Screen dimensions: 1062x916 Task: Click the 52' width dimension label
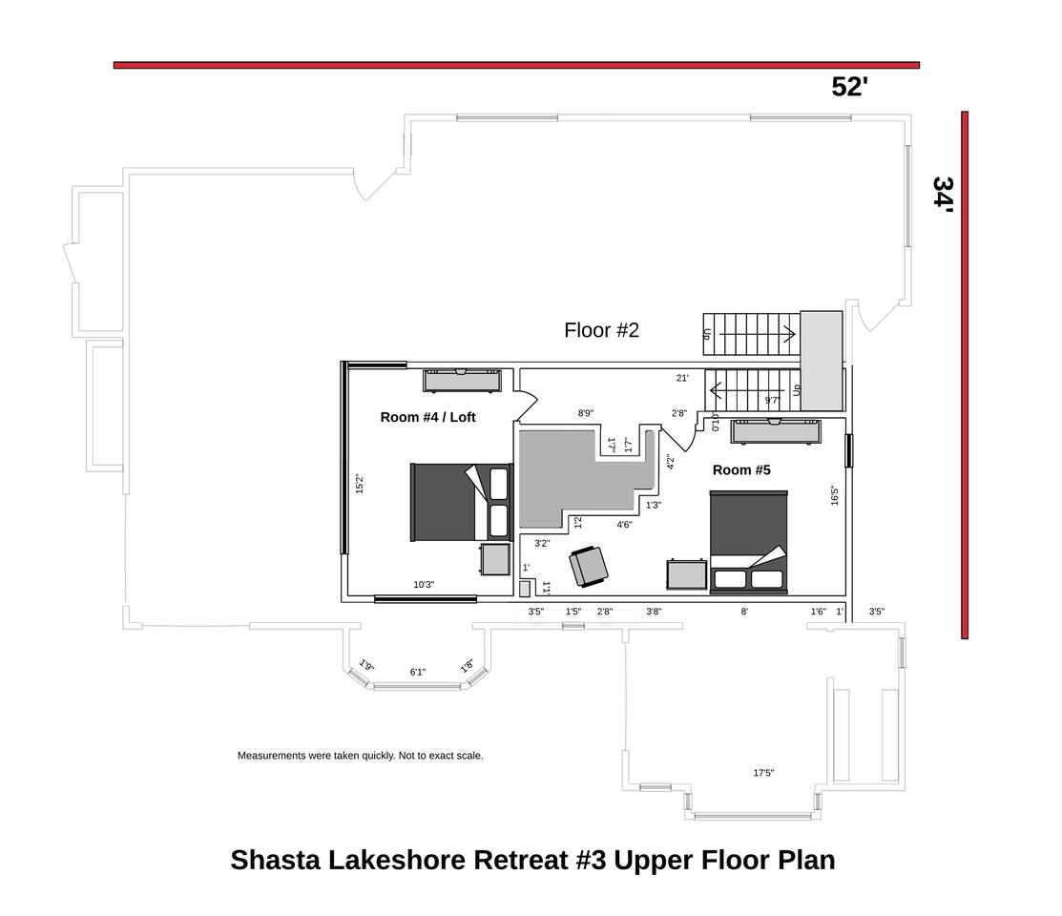click(x=849, y=87)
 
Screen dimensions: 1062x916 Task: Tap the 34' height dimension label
click(x=943, y=195)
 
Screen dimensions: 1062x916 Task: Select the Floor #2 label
click(x=601, y=330)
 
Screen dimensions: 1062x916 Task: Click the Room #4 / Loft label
click(x=427, y=417)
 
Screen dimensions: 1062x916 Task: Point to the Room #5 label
click(x=741, y=470)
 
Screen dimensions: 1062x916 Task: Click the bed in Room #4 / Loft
click(x=461, y=502)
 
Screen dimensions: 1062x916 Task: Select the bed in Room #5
click(x=748, y=542)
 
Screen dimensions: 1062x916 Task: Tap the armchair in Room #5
click(x=588, y=567)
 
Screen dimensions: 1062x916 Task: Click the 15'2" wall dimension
click(x=360, y=484)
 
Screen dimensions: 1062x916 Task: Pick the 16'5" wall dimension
click(x=834, y=495)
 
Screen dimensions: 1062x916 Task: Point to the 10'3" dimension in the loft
click(x=424, y=585)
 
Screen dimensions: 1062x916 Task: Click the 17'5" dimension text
click(x=763, y=772)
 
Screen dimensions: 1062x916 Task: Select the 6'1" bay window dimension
click(x=417, y=672)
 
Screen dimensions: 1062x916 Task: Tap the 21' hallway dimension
click(x=682, y=378)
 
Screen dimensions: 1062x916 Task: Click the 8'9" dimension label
click(x=586, y=412)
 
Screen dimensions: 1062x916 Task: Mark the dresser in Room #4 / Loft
click(x=462, y=381)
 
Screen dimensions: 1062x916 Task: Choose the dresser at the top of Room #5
click(x=776, y=431)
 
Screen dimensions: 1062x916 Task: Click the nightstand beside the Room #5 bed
click(x=687, y=574)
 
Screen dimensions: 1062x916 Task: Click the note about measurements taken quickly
click(x=361, y=756)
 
